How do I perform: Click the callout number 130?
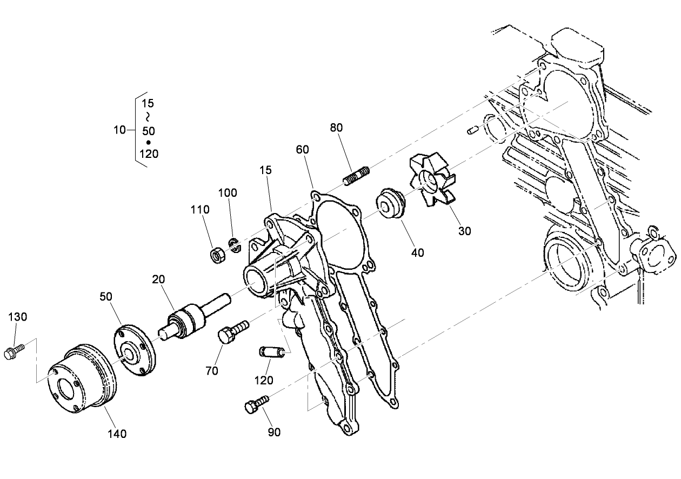pos(17,317)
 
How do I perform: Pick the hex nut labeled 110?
pos(217,255)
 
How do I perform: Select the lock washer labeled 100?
pos(235,244)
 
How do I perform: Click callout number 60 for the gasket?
pos(302,150)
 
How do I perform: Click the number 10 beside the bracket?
pos(119,130)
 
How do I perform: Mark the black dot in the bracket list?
pos(149,142)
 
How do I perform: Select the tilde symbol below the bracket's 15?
pos(148,116)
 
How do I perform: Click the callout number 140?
pos(117,433)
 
